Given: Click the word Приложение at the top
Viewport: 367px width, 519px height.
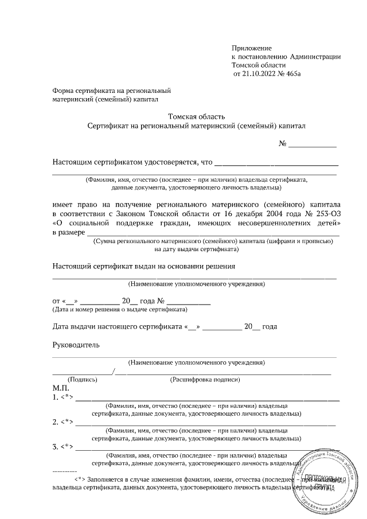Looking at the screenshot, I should [251, 48].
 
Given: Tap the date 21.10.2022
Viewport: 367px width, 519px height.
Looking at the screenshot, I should [258, 74].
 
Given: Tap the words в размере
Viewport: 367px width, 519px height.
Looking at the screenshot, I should [68, 232].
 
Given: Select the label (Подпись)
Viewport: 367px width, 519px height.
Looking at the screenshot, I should [83, 380].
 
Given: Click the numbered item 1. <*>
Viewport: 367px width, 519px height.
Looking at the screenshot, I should [63, 397].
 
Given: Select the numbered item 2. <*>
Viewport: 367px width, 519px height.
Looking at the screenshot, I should [63, 422].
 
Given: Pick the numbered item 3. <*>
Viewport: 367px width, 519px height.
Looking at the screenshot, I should [63, 447].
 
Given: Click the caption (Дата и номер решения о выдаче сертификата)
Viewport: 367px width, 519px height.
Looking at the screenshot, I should [120, 310].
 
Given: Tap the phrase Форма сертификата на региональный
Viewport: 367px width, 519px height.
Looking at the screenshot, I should [112, 91].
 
